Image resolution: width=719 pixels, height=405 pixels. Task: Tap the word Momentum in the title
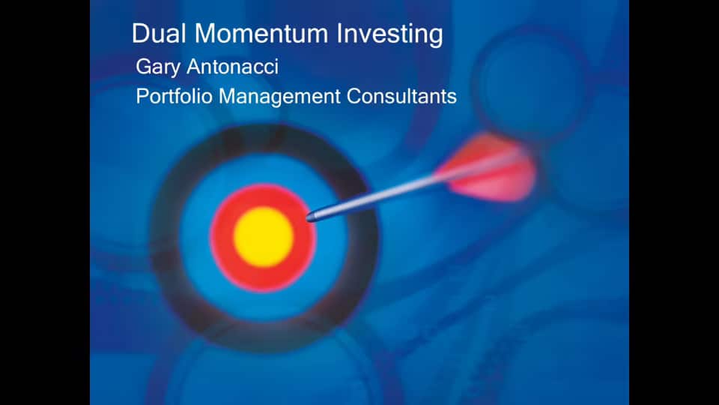click(261, 34)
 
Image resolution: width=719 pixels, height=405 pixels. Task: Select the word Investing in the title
click(389, 34)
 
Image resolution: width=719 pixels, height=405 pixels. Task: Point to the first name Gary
click(158, 67)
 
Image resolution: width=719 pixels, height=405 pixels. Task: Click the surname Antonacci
click(232, 67)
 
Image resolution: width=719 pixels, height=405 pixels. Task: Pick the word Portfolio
click(174, 97)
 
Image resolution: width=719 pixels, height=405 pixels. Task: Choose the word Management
click(279, 97)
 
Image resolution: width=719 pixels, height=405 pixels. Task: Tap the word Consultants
click(401, 97)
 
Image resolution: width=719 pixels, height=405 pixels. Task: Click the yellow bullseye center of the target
click(264, 237)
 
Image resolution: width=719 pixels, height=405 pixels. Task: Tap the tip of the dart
click(308, 217)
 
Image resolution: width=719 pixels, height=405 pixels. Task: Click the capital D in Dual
click(140, 34)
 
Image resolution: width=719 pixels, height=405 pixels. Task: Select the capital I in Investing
click(339, 34)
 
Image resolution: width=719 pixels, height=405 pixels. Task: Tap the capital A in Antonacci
click(195, 67)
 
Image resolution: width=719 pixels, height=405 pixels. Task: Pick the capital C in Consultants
click(354, 97)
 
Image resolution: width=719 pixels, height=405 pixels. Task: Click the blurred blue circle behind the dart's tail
click(532, 82)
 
